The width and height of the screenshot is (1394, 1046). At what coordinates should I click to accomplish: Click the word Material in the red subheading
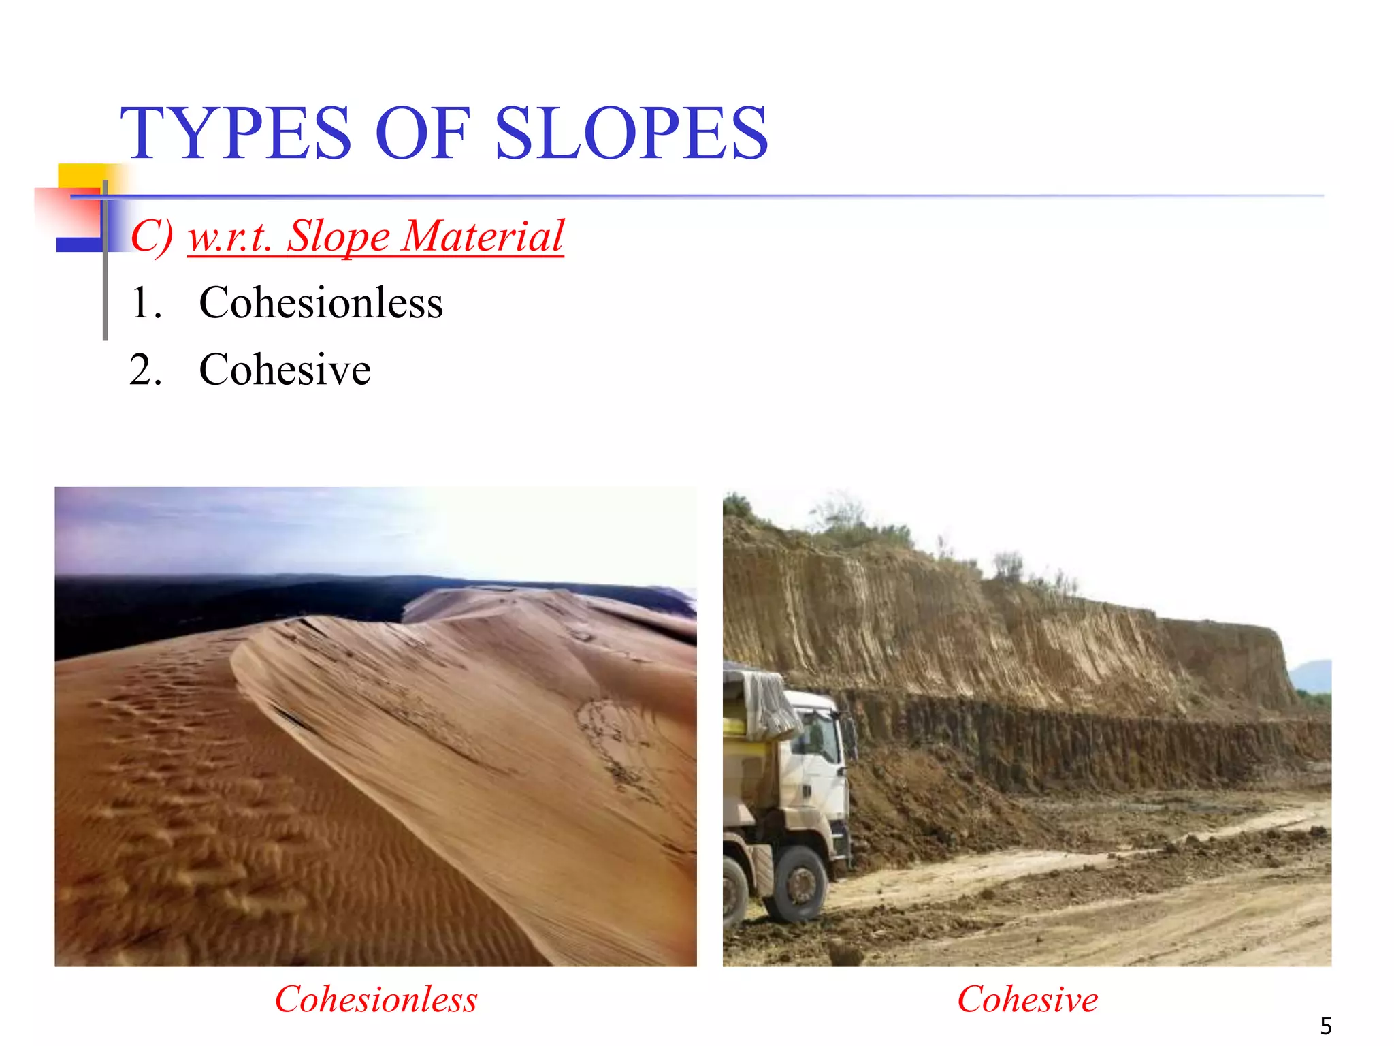483,236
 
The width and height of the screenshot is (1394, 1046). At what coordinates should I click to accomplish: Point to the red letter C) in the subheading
151,236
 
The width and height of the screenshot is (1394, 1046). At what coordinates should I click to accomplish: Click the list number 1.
145,303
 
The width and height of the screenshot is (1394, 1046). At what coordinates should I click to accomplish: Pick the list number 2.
145,370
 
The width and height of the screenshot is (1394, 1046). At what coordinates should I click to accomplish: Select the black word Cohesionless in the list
321,303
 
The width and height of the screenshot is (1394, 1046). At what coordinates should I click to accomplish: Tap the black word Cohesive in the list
285,370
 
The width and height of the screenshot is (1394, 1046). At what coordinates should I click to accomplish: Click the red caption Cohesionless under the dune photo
376,1000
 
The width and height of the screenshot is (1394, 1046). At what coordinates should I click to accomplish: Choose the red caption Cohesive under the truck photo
1027,1000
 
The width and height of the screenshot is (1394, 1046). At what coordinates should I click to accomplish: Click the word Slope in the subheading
338,236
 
